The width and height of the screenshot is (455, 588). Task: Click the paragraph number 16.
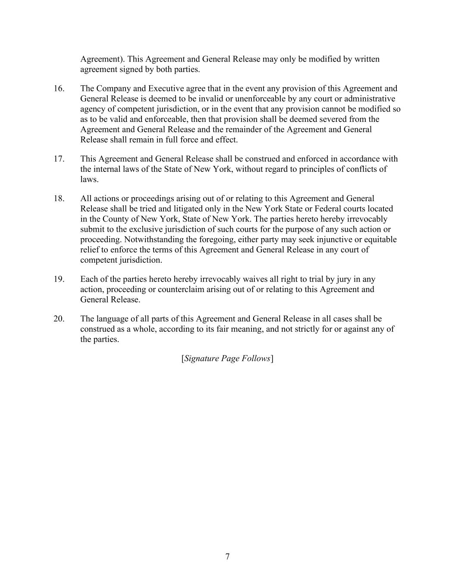click(59, 89)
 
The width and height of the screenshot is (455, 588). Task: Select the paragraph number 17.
click(59, 159)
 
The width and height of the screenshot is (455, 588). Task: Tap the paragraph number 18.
click(59, 199)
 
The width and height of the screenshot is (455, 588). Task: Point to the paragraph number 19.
click(59, 279)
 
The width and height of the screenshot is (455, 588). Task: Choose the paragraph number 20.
click(59, 319)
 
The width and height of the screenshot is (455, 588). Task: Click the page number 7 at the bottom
click(227, 557)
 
